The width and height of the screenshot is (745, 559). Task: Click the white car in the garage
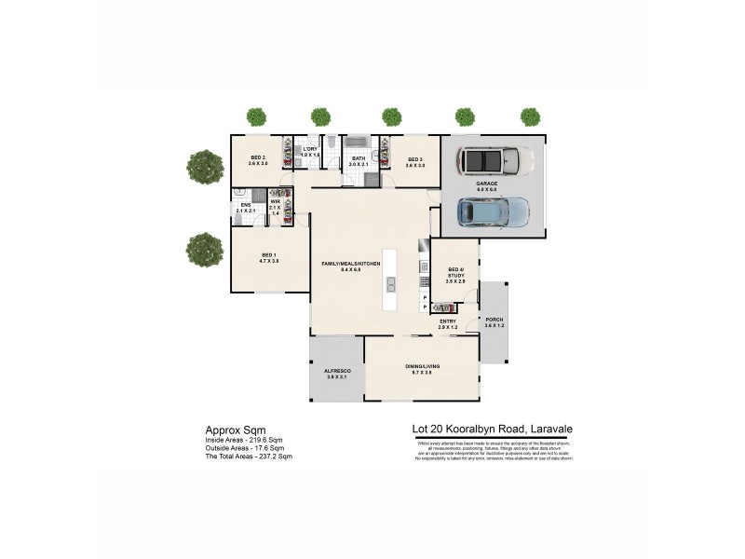(x=494, y=161)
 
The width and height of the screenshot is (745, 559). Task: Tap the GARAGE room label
(x=487, y=184)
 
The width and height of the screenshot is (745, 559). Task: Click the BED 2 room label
(x=258, y=159)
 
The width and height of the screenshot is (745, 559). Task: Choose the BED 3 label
(x=415, y=159)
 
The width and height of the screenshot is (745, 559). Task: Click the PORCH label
(x=494, y=320)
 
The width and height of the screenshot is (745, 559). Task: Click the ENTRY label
(x=448, y=321)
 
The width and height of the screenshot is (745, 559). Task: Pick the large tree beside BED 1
(x=204, y=249)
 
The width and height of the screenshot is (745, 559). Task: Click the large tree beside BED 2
(x=204, y=167)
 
